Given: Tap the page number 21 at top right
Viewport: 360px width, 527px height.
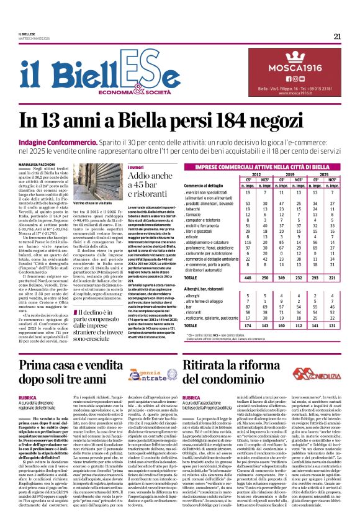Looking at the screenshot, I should pos(337,36).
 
